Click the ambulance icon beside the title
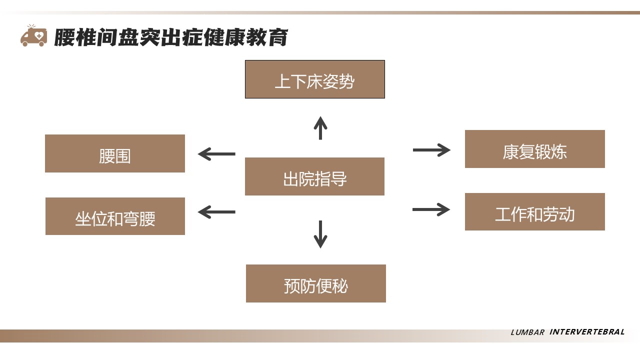(33, 36)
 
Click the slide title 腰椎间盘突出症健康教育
(171, 37)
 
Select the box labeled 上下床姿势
(314, 79)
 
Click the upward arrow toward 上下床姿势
(320, 128)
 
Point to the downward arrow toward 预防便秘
(320, 234)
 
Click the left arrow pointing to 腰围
(216, 154)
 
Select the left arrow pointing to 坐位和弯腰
(216, 212)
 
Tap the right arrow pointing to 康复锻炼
(431, 149)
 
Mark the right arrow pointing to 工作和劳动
(431, 209)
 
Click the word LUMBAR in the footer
(527, 332)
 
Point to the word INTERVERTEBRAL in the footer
(587, 332)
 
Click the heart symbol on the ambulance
(38, 35)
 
